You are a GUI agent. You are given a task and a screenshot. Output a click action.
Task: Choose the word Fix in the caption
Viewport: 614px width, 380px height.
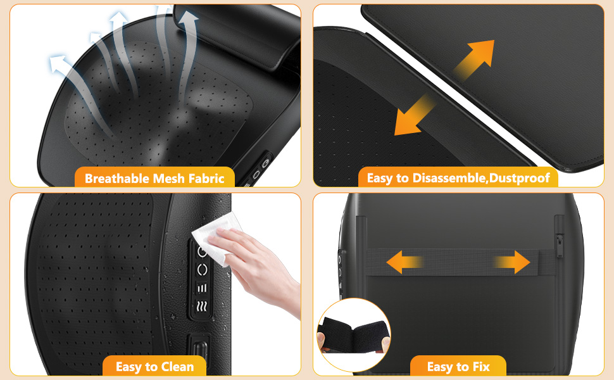coord(479,367)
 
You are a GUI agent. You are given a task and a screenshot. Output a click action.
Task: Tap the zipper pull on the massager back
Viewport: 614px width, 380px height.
coord(559,244)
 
